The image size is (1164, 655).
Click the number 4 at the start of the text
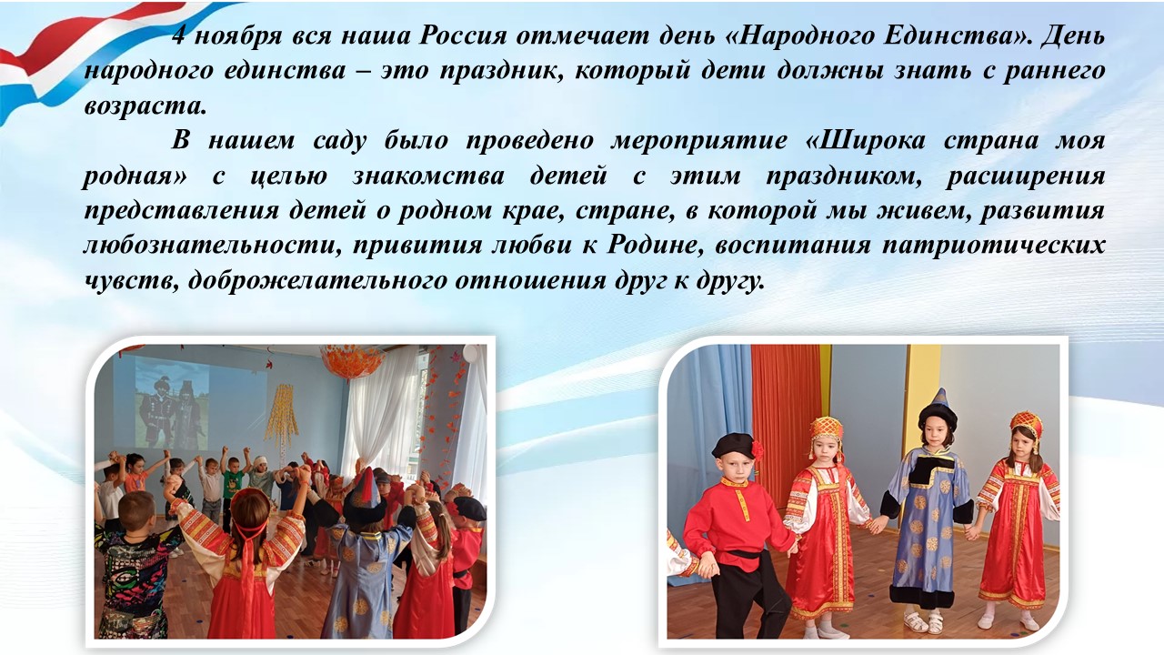(179, 36)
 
